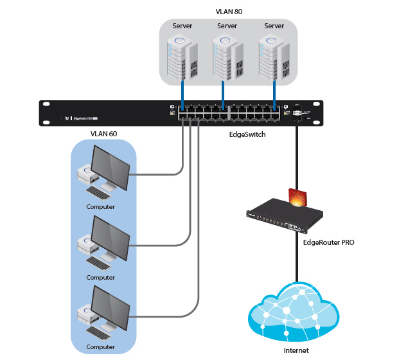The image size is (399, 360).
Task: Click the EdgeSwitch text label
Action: coord(247,134)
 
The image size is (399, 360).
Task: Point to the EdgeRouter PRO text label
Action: coord(328,244)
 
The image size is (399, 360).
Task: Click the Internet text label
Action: coord(296,350)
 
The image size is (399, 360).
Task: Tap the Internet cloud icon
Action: coord(296,312)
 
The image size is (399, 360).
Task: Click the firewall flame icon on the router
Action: coord(297,196)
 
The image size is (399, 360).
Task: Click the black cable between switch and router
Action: coord(297,154)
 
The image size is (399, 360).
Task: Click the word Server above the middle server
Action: coord(227,26)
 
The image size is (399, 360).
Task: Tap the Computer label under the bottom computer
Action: coord(101,347)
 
